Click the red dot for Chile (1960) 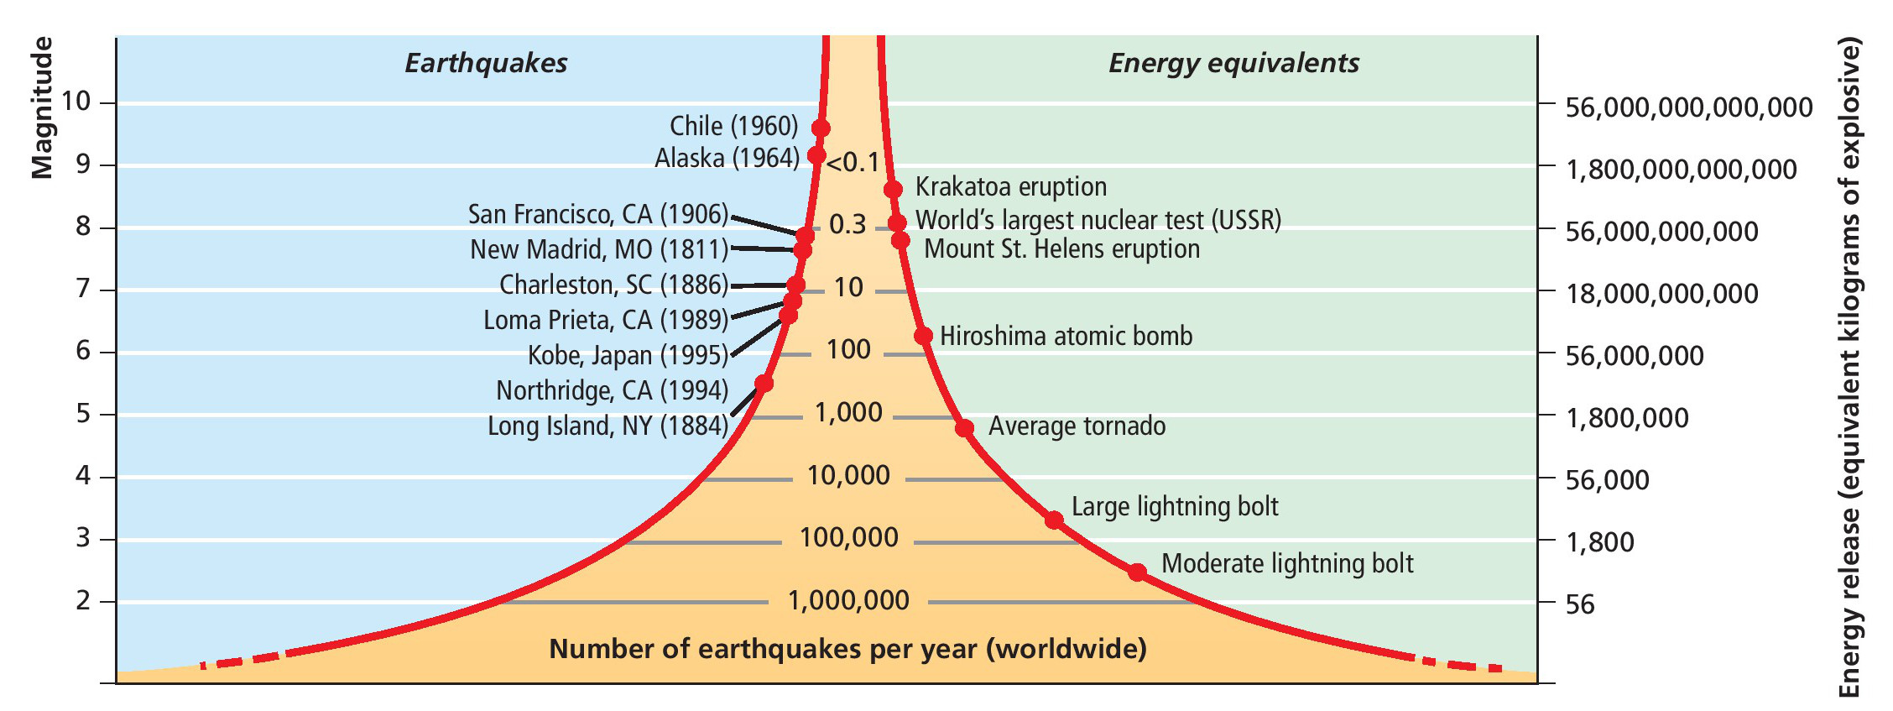[821, 128]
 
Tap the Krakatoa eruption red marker [894, 190]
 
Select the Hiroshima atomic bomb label [1066, 337]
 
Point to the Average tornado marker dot [965, 428]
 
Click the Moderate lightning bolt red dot [1137, 572]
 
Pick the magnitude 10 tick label [76, 102]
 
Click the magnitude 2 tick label [83, 601]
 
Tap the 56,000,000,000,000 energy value [1688, 107]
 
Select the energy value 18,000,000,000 [1661, 294]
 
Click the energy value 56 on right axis [1580, 604]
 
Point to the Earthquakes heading [486, 63]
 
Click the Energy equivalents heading [1233, 63]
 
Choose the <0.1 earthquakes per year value [853, 162]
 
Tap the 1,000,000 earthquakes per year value [848, 600]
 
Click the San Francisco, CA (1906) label [598, 215]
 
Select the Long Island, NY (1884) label [608, 426]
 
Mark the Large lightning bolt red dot [1055, 520]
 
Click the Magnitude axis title [42, 107]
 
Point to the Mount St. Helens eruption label [1061, 249]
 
